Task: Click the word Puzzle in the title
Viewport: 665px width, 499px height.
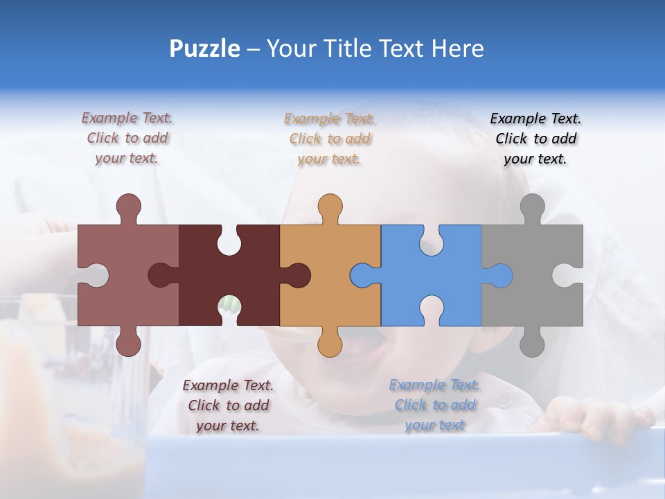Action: (205, 49)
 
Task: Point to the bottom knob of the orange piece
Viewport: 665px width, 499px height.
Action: (330, 343)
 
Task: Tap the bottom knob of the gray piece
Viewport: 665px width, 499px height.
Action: (532, 343)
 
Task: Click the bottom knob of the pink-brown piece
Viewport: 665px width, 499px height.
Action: (128, 343)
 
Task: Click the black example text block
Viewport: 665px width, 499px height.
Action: (535, 139)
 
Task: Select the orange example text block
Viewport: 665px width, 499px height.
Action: (330, 139)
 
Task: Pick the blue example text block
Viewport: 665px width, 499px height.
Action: (434, 405)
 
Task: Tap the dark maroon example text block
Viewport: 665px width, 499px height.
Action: (228, 405)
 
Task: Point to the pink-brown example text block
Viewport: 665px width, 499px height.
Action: (127, 138)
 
